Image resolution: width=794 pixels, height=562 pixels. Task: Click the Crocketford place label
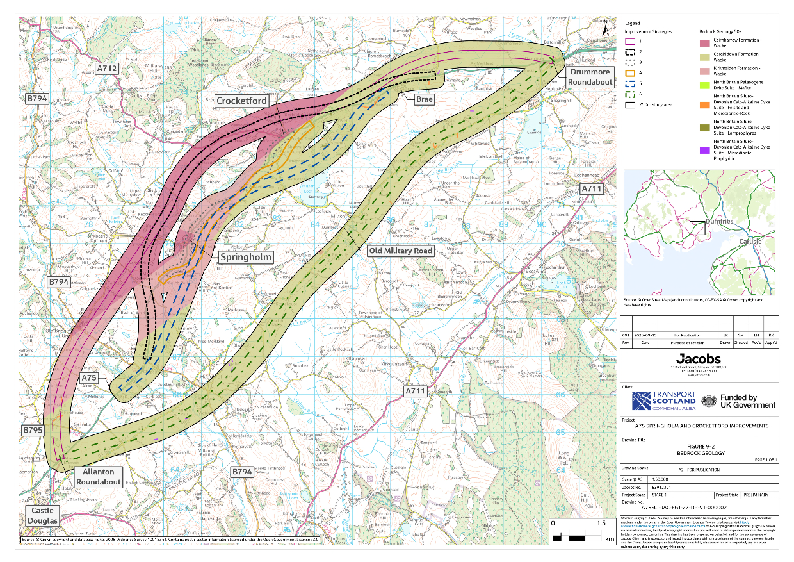(x=241, y=101)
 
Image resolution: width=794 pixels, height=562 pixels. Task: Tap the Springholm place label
(x=246, y=256)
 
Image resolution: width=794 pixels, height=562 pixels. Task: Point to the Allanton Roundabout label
(x=99, y=477)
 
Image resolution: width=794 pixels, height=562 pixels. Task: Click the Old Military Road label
(x=400, y=251)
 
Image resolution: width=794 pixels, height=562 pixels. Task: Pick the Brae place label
(x=423, y=99)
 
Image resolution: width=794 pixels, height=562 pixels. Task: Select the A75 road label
(x=90, y=379)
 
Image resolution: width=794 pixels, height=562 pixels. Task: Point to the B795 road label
(x=33, y=430)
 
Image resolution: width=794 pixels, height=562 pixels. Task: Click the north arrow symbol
(x=605, y=28)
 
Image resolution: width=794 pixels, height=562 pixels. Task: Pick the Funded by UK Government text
(x=747, y=401)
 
